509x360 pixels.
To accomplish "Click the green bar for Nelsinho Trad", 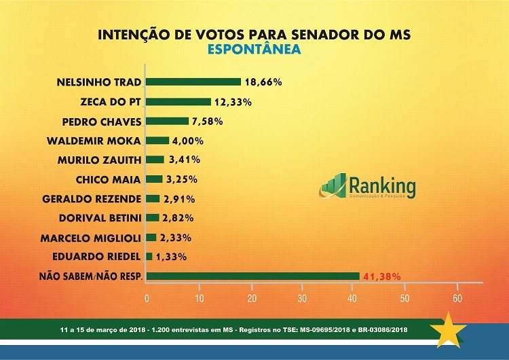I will [193, 82].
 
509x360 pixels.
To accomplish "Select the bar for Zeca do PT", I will [178, 102].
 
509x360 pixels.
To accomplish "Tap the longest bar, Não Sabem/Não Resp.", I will [252, 276].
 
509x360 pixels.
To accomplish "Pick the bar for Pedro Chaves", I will [168, 122].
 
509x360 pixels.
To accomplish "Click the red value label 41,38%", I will [381, 276].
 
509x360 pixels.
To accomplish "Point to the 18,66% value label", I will [263, 82].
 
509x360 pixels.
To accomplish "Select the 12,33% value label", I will [233, 102].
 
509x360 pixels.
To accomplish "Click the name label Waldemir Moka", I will [94, 141].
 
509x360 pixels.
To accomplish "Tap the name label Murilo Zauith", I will [99, 160].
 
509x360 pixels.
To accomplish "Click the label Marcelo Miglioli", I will [91, 238].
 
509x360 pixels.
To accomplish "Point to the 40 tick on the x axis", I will [354, 299].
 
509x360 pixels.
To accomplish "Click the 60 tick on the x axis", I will [457, 299].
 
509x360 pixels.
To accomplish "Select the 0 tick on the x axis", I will [147, 299].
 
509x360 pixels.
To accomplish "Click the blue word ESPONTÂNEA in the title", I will [254, 50].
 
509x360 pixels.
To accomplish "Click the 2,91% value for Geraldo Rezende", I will [179, 199].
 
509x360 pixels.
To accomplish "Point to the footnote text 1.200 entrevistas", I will [184, 329].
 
